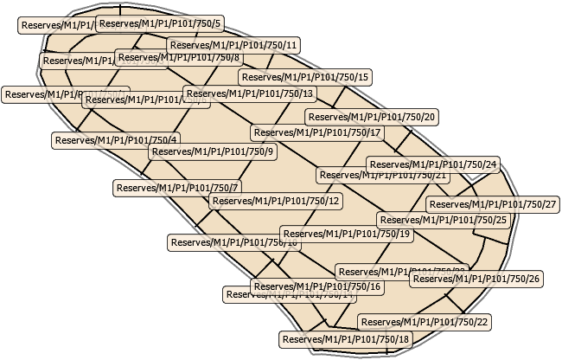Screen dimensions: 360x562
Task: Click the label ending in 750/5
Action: pyautogui.click(x=160, y=23)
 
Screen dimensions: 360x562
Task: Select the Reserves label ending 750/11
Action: pyautogui.click(x=233, y=44)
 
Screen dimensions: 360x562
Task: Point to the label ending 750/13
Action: pyautogui.click(x=249, y=93)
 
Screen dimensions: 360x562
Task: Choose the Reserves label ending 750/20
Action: pyautogui.click(x=373, y=116)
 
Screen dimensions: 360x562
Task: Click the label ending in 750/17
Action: pyautogui.click(x=316, y=132)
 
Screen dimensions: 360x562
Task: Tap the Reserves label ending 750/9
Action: pyautogui.click(x=212, y=151)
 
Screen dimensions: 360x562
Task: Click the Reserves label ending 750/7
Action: pyautogui.click(x=177, y=186)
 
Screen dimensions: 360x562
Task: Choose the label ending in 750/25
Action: pyautogui.click(x=458, y=220)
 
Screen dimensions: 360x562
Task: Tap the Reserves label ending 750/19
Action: pyautogui.click(x=346, y=233)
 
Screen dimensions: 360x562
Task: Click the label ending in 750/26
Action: pyautogui.click(x=476, y=279)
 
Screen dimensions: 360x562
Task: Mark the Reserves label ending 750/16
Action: pyautogui.click(x=316, y=286)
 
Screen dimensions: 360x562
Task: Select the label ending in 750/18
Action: pyautogui.click(x=345, y=338)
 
